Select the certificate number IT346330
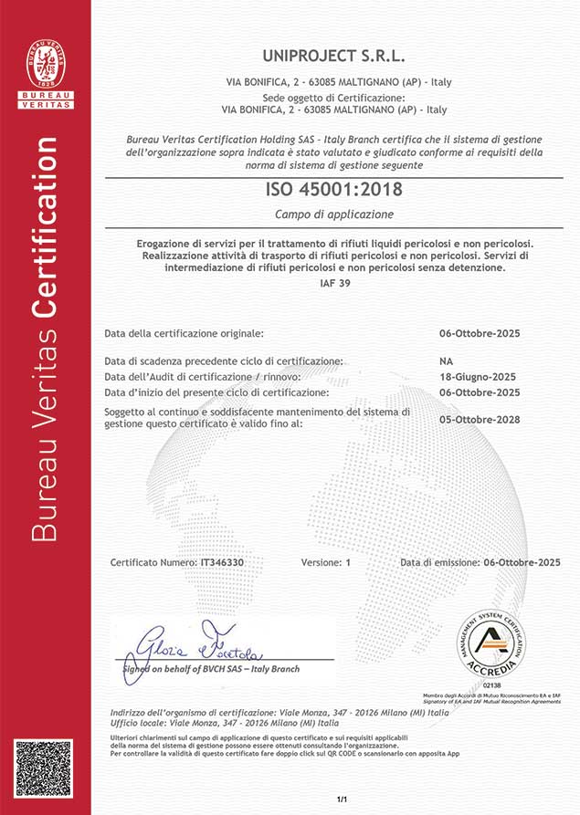[x=222, y=563]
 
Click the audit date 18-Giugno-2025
[x=478, y=377]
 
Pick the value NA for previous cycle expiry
[x=446, y=361]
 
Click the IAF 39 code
[x=334, y=284]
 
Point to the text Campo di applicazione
[x=334, y=214]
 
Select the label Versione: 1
[x=325, y=563]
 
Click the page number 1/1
[x=343, y=800]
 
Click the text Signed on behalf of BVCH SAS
[x=210, y=669]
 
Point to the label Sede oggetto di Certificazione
[x=333, y=97]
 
